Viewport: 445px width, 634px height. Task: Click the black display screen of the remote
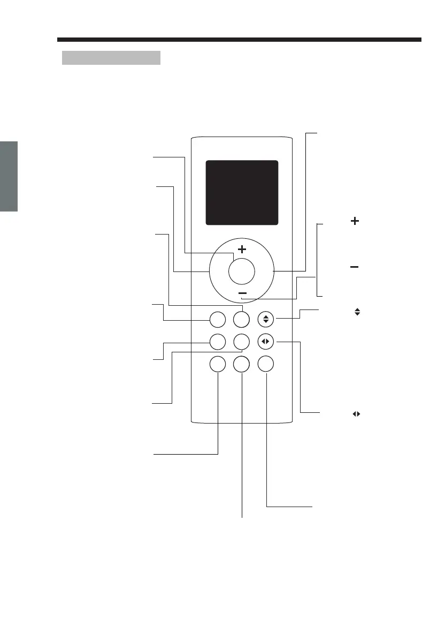(242, 192)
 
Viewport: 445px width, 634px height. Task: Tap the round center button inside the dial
(241, 271)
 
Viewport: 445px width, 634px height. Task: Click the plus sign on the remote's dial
(242, 249)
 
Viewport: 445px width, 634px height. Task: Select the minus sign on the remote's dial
(242, 293)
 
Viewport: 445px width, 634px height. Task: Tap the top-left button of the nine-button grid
(217, 320)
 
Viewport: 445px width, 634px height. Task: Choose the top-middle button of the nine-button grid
(241, 320)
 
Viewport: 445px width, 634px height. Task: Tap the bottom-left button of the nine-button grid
(217, 364)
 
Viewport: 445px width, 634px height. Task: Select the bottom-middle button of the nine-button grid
(241, 364)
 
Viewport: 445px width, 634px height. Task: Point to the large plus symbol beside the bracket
(354, 221)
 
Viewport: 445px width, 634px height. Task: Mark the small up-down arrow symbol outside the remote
(356, 311)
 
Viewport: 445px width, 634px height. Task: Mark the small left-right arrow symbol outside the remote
(355, 414)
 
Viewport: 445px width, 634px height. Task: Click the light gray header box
(111, 58)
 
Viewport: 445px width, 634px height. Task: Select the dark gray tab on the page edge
(9, 176)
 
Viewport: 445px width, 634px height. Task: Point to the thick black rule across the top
(239, 40)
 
